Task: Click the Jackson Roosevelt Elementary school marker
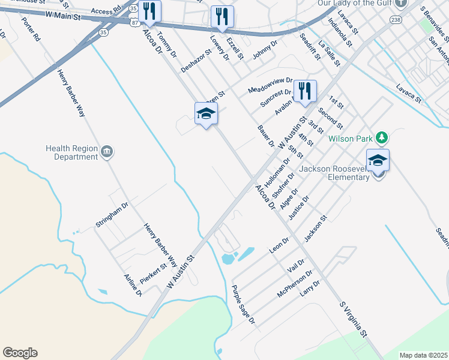click(x=378, y=160)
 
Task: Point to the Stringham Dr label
click(x=112, y=215)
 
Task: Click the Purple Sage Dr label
click(x=244, y=305)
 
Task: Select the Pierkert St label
click(x=152, y=273)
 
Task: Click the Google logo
click(x=20, y=353)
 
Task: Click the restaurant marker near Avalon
click(x=305, y=92)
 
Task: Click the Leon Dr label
click(x=279, y=245)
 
